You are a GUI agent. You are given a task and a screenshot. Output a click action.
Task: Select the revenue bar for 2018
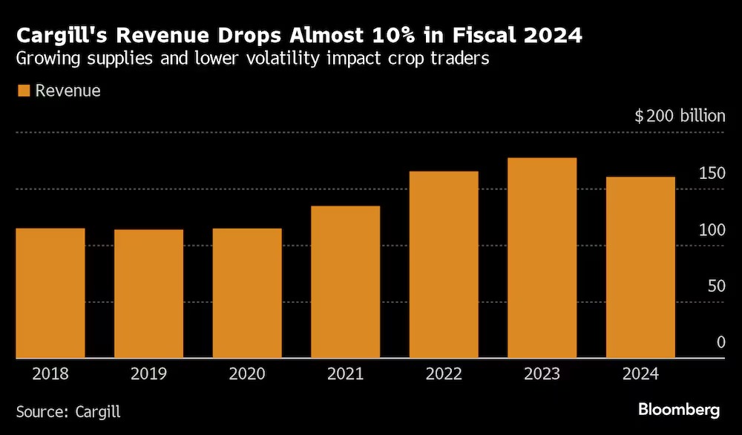50,293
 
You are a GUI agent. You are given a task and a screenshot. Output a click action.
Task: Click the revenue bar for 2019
148,294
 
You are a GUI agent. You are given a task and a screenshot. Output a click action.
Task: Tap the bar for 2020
247,293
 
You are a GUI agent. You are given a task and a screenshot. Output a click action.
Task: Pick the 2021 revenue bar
346,282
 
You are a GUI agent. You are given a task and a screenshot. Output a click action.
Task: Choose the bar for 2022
444,265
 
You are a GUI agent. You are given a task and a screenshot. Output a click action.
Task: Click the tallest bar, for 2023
542,258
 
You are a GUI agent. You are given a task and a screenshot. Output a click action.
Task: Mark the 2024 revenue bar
641,268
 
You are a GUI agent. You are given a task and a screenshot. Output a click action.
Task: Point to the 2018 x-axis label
50,374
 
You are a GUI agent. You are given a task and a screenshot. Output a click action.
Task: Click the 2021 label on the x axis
346,374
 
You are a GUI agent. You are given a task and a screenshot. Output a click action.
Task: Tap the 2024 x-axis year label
641,374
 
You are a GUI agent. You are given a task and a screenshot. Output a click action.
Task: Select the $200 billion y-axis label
679,117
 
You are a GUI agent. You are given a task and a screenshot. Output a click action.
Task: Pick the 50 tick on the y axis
715,286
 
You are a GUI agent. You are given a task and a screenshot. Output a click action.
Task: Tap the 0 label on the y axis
720,342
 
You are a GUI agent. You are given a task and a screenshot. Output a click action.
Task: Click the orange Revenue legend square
23,91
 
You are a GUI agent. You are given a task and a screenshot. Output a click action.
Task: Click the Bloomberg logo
678,410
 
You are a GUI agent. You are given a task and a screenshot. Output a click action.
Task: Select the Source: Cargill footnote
68,411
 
